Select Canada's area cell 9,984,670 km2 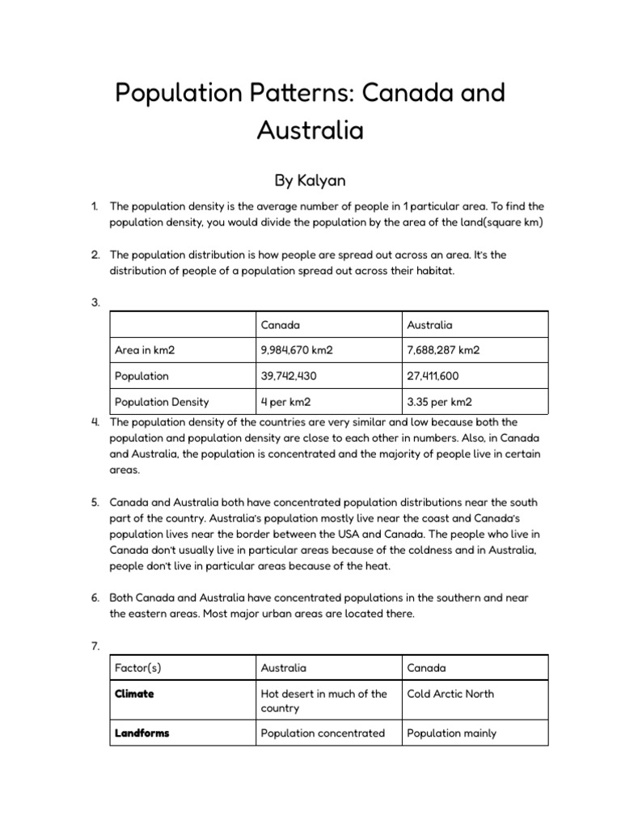pos(297,350)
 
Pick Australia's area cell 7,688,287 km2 pos(443,350)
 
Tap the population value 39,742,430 pos(290,376)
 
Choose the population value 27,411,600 pos(435,376)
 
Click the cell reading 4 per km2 pos(285,402)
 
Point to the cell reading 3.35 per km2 pos(440,402)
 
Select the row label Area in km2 pos(145,350)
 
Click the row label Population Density pos(162,402)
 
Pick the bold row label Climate pos(134,694)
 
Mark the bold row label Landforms pos(142,733)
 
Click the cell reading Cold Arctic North pos(450,694)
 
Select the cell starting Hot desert pos(323,700)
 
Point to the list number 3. pos(95,303)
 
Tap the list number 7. pos(95,645)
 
